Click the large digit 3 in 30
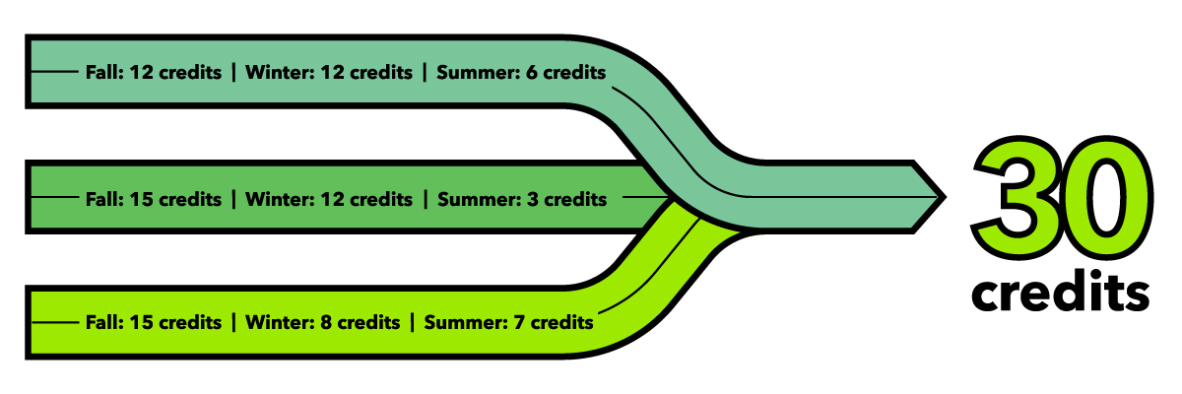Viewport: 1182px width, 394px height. (1016, 196)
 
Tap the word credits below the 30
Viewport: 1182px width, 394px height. (1061, 292)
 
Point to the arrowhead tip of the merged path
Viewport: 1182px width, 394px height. (945, 197)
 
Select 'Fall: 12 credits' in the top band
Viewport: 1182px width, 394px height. (154, 72)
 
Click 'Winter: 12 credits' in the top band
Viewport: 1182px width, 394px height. (329, 72)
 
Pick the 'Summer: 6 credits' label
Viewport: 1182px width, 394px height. (521, 72)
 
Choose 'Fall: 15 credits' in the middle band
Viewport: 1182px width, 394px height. (154, 199)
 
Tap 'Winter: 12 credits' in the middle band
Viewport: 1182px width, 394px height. (329, 199)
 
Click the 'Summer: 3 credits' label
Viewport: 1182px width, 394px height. (522, 199)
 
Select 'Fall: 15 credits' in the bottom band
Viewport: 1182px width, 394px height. (154, 322)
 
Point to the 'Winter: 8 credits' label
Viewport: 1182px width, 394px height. (322, 322)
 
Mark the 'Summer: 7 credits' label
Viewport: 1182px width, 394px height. (508, 322)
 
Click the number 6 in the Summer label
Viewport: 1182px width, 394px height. (531, 72)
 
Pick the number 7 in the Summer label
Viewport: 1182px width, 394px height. (519, 322)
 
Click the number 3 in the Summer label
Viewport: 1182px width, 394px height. (533, 199)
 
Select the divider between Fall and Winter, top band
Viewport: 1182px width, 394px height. (233, 72)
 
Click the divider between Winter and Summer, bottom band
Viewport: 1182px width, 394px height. (412, 322)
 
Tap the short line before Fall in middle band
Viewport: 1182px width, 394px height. (55, 197)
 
